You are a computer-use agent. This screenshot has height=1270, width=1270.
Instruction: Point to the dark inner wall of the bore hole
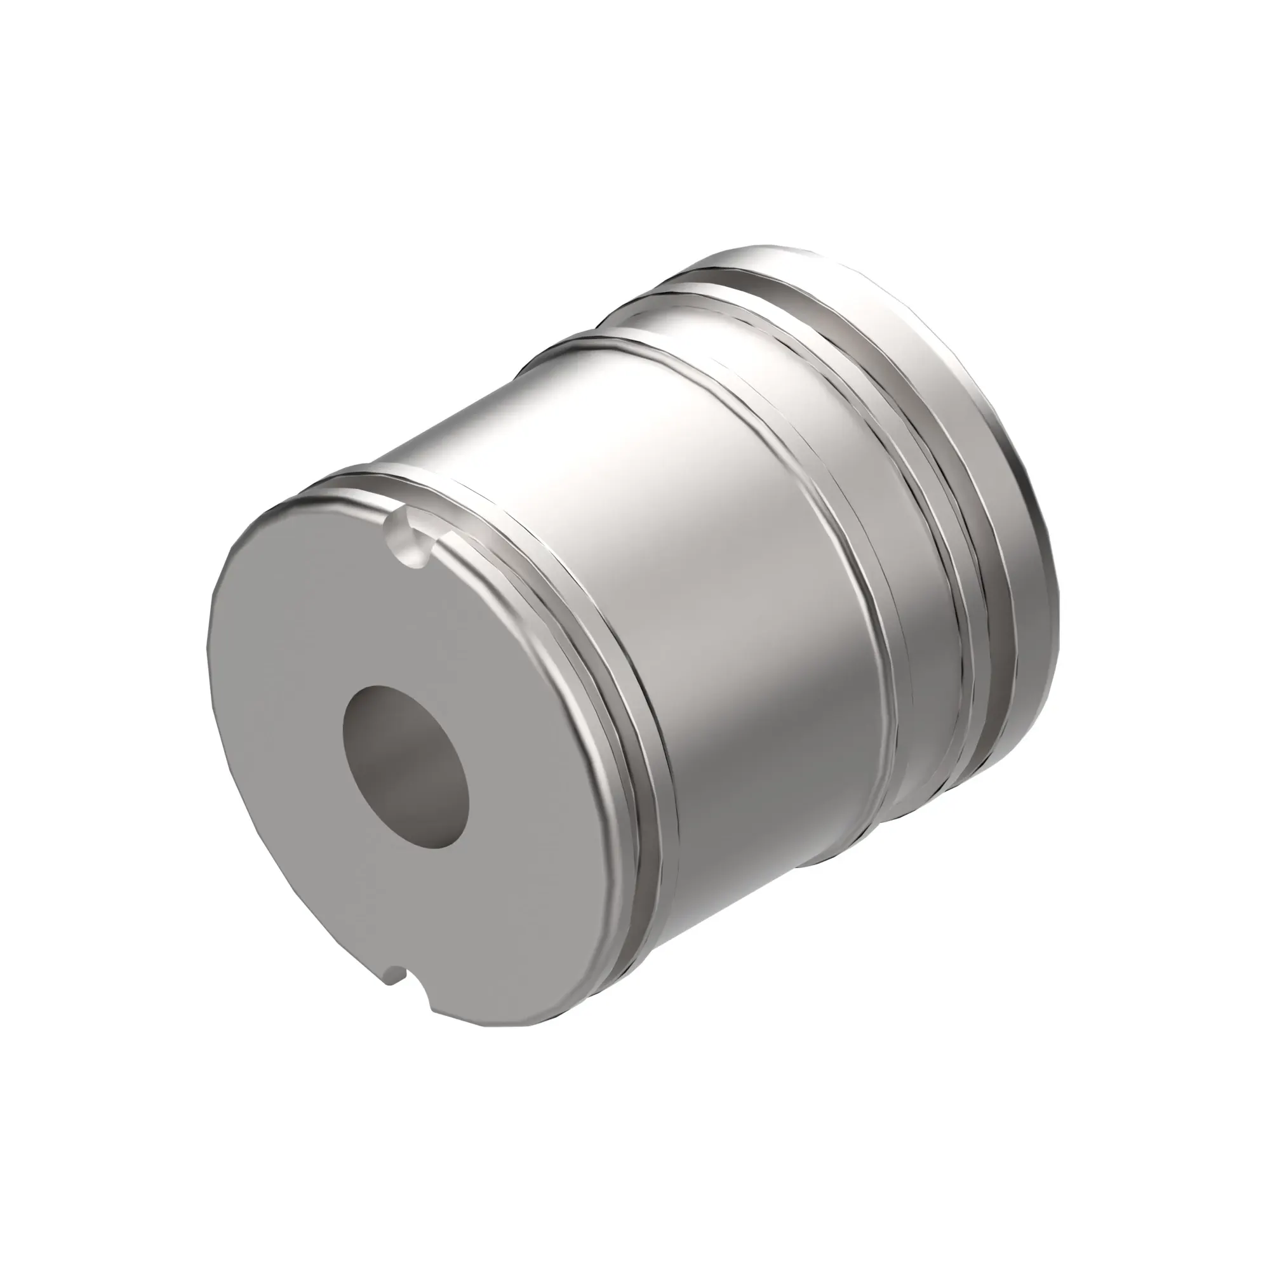click(388, 730)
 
